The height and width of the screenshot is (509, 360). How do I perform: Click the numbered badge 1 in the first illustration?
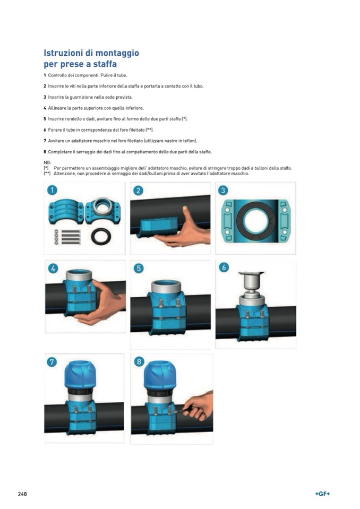click(x=52, y=190)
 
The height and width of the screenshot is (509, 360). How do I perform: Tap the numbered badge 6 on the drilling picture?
click(x=224, y=267)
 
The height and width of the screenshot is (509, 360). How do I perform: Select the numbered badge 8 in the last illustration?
click(x=139, y=361)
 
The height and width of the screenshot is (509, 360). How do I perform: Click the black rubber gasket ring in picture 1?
click(x=101, y=236)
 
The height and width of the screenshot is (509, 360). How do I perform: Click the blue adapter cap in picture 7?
click(x=80, y=375)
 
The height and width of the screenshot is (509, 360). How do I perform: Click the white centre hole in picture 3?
click(x=255, y=221)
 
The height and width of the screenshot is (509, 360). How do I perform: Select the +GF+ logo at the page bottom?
click(x=322, y=494)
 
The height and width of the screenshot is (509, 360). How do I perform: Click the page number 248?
click(x=22, y=494)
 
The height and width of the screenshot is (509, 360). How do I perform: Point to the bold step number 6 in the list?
click(x=45, y=130)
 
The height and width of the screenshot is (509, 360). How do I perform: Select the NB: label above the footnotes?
click(x=47, y=162)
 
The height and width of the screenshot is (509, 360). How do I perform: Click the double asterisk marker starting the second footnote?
click(x=47, y=174)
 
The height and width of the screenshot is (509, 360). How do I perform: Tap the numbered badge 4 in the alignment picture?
click(x=53, y=268)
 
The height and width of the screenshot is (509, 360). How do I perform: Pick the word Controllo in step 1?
click(x=57, y=75)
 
